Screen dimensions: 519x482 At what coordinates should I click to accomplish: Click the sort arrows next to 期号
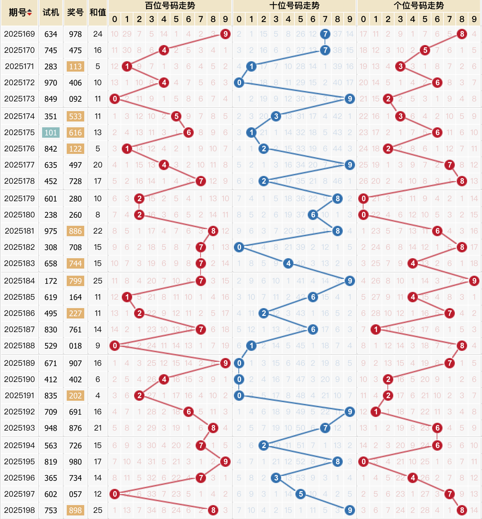pos(29,13)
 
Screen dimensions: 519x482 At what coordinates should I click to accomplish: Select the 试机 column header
pos(51,12)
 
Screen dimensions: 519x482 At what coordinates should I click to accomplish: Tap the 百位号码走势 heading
pos(170,6)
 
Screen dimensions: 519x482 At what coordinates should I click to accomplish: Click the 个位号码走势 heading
pos(419,6)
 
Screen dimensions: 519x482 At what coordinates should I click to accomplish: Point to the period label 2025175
pos(19,133)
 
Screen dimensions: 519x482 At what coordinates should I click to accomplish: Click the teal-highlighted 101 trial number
pos(51,133)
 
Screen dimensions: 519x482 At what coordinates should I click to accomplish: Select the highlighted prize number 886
pos(75,231)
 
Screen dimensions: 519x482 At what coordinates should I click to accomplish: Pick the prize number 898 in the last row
pos(75,510)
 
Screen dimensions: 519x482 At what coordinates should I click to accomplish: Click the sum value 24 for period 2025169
pos(98,34)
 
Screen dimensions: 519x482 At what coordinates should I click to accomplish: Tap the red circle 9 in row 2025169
pos(225,34)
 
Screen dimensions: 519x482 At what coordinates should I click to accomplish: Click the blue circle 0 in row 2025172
pos(239,83)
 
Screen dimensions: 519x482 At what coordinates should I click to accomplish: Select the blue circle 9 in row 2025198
pos(350,510)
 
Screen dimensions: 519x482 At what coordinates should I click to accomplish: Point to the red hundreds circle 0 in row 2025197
pos(115,494)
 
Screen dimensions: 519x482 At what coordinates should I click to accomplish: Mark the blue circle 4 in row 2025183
pos(288,263)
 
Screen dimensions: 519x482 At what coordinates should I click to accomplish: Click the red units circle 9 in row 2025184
pos(474,281)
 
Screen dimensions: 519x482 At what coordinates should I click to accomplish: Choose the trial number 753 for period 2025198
pos(51,510)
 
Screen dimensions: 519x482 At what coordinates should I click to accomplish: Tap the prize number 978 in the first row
pos(75,34)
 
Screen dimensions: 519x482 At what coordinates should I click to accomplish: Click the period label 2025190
pos(19,379)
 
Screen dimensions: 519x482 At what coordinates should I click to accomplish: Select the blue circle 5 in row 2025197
pos(301,494)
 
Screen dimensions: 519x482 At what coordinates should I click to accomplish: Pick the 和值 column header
pos(98,12)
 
